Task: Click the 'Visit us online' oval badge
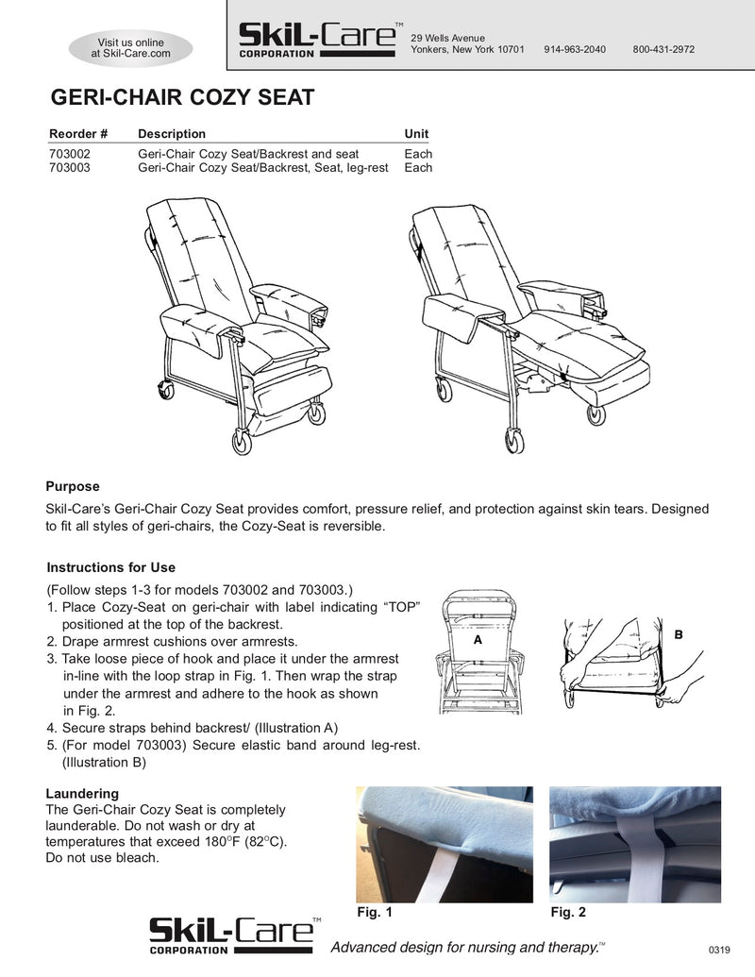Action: (x=131, y=48)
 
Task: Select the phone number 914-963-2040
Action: (x=575, y=49)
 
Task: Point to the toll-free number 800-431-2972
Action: (x=663, y=49)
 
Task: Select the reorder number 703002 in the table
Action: (x=70, y=154)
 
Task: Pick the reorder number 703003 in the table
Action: (x=70, y=168)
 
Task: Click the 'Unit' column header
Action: (x=416, y=134)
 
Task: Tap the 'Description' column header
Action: (x=172, y=134)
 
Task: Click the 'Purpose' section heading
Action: (x=73, y=487)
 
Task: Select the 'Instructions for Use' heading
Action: (x=111, y=568)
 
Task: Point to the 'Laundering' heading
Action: (x=82, y=794)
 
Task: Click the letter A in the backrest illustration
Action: (x=478, y=639)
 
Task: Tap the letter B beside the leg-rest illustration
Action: (x=679, y=636)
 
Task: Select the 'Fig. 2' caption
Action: (x=568, y=913)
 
